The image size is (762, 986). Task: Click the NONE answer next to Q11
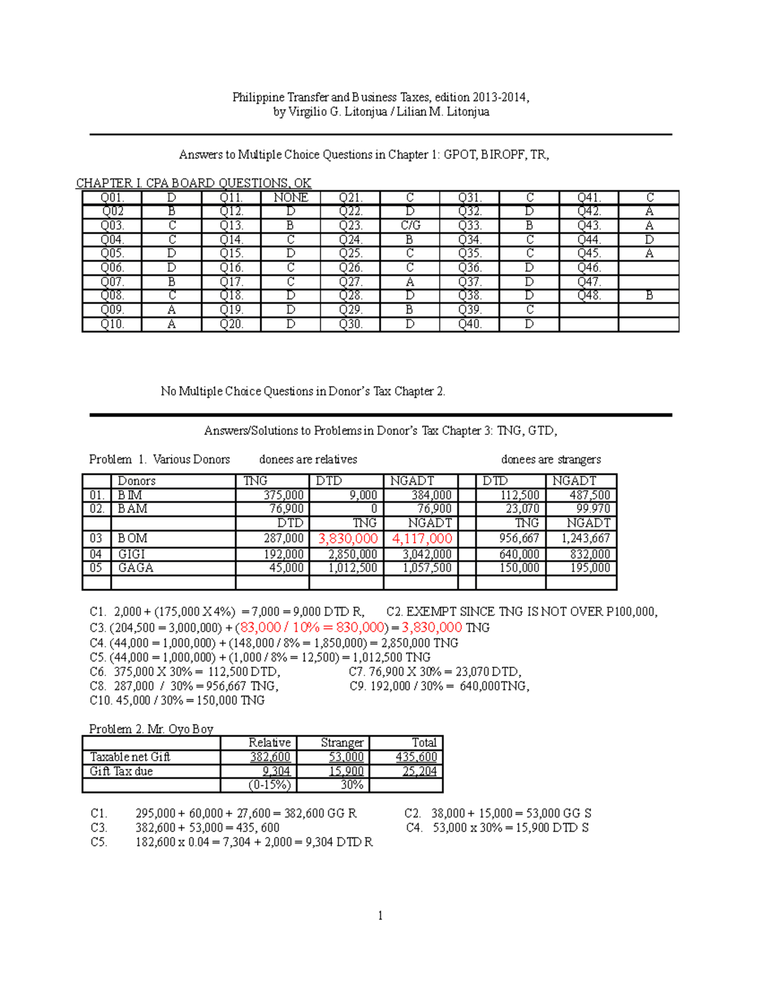point(291,197)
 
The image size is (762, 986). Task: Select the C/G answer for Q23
point(410,225)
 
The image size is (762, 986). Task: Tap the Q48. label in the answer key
point(589,295)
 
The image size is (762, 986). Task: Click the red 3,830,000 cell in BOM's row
point(347,538)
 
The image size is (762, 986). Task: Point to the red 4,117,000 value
point(422,538)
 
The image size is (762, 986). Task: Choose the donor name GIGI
point(131,554)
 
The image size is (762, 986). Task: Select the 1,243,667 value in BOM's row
point(585,538)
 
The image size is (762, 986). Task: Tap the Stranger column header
point(342,742)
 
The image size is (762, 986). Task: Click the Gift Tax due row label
point(121,771)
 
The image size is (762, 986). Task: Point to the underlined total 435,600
point(416,757)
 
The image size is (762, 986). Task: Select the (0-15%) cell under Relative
point(269,785)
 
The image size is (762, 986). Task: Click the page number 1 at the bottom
point(380,916)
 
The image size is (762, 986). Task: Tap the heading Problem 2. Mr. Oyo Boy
point(151,729)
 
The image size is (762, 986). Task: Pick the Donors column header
point(137,481)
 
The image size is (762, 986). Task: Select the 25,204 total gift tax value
point(419,771)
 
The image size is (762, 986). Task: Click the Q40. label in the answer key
point(470,324)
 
